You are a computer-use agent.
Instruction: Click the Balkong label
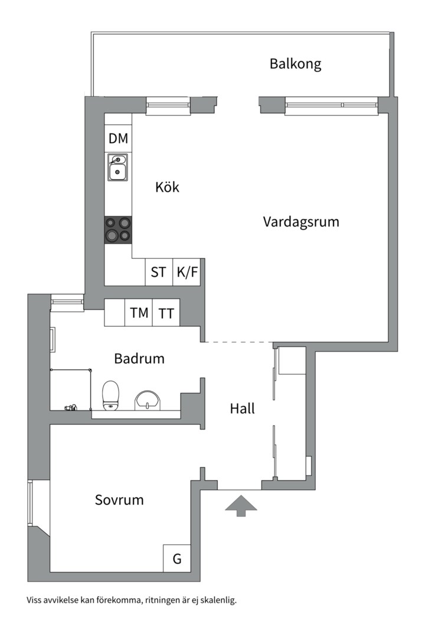click(x=295, y=64)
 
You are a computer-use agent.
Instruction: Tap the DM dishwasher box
click(x=118, y=138)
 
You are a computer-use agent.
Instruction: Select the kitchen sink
click(x=117, y=167)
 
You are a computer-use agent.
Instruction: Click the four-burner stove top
click(x=118, y=230)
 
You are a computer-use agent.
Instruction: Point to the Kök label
click(x=167, y=188)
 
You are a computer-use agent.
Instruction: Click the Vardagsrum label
click(x=301, y=222)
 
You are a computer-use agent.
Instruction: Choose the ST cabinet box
click(x=159, y=272)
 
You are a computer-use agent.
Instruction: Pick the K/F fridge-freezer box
click(x=187, y=272)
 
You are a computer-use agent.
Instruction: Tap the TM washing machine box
click(x=139, y=313)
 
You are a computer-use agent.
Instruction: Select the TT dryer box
click(x=166, y=313)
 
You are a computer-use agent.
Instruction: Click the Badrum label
click(x=139, y=359)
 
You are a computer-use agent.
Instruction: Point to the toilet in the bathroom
click(x=110, y=395)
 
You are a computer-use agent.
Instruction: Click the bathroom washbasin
click(x=148, y=400)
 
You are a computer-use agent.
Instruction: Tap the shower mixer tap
click(x=70, y=407)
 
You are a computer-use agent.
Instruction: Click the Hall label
click(x=243, y=409)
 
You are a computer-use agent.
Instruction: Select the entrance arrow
click(x=241, y=506)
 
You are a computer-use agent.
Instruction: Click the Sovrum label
click(x=119, y=500)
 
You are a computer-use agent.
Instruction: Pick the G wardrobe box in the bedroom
click(x=177, y=558)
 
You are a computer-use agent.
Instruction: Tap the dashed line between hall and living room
click(x=238, y=342)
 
